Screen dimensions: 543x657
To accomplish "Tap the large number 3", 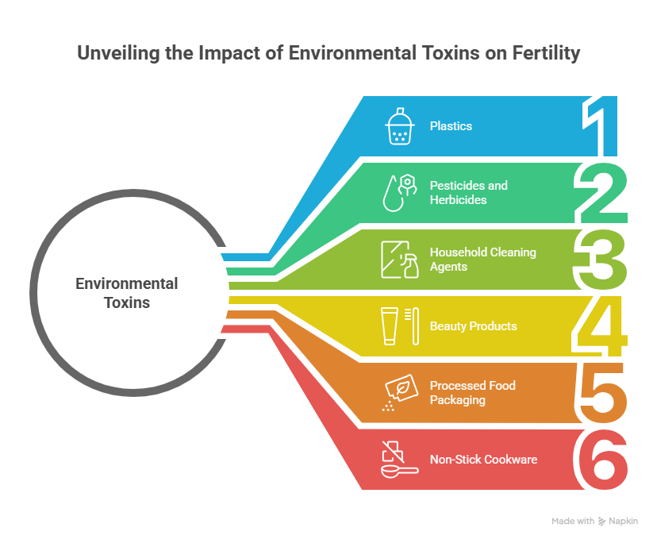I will point(602,260).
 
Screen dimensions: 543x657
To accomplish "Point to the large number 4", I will point(602,326).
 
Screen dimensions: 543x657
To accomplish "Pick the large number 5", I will point(602,393).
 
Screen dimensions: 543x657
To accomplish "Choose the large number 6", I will point(602,460).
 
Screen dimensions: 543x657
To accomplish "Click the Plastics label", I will point(451,125).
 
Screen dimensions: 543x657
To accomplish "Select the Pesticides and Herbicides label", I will point(468,193).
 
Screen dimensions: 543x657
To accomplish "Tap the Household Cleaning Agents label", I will point(482,260).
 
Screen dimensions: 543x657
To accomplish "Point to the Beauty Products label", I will point(473,326).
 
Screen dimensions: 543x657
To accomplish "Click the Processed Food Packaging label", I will point(472,393).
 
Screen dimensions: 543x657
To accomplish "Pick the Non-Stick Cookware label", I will point(483,460).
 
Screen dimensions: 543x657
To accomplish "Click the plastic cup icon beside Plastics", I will point(399,127).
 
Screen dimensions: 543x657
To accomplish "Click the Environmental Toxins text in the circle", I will point(127,293).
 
